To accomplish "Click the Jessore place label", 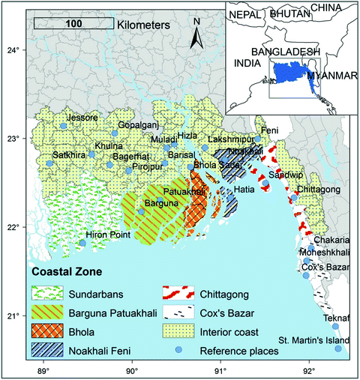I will pos(82,118).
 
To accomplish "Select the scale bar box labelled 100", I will pos(73,24).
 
